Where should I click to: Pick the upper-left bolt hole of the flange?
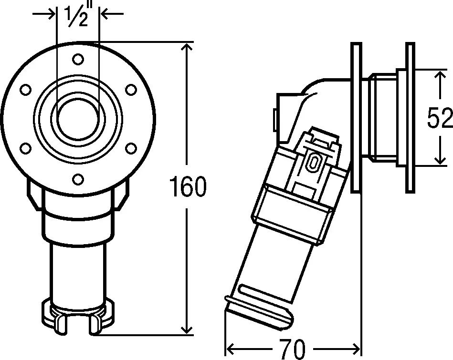(x=26, y=89)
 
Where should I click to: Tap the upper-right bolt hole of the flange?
(x=130, y=89)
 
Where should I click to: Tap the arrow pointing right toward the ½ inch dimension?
(x=48, y=14)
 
